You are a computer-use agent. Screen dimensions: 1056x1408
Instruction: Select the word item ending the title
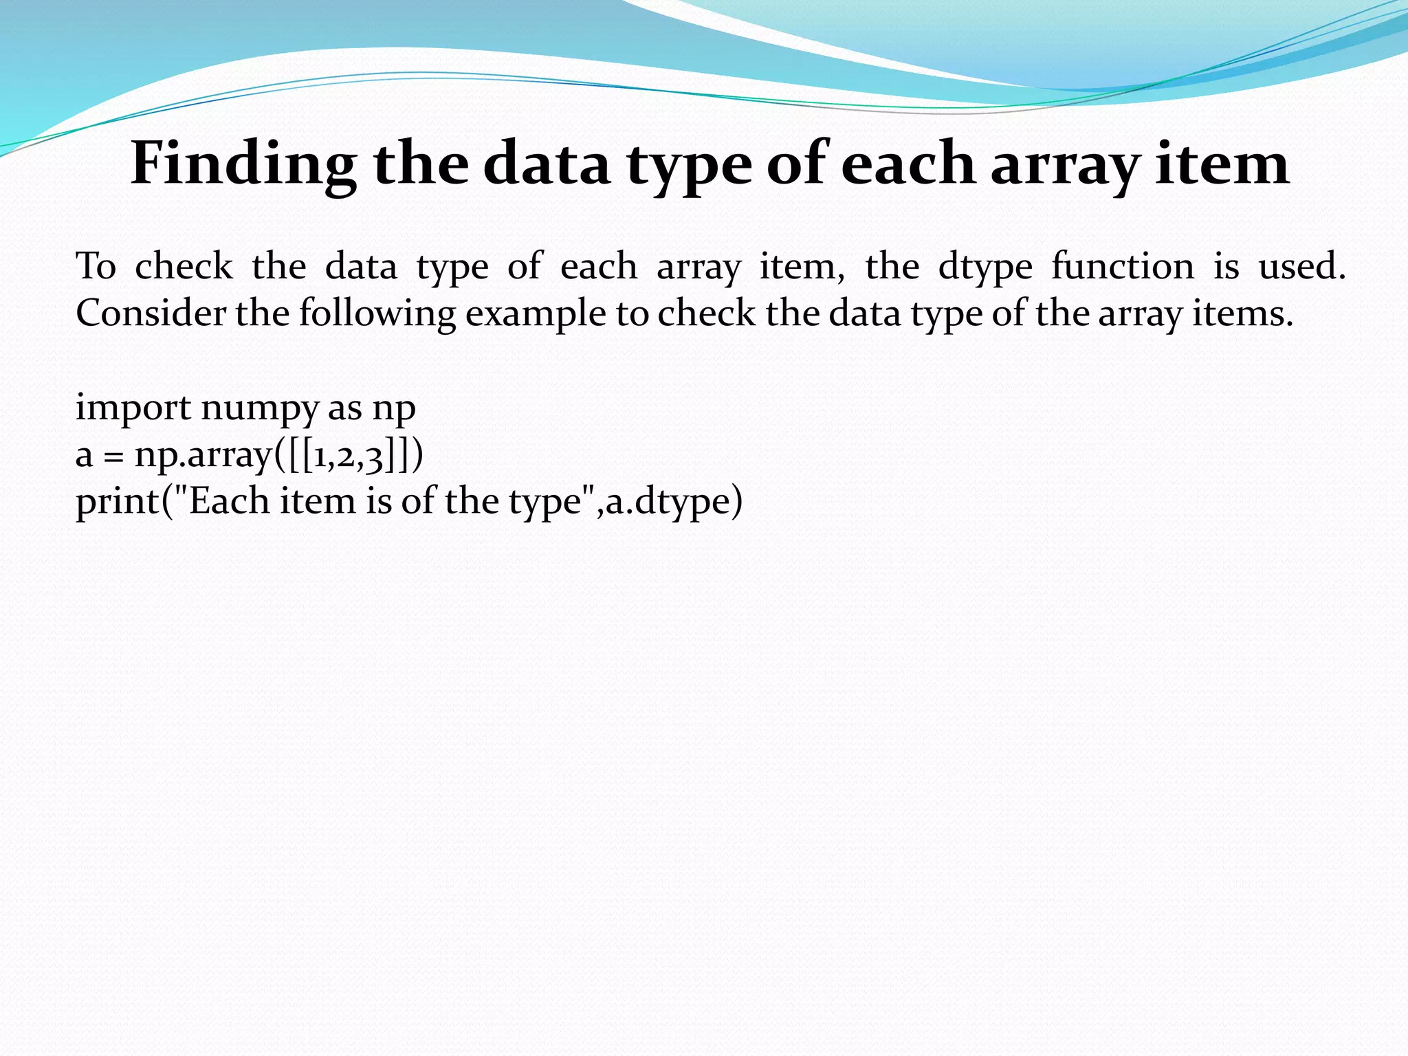[x=1222, y=164]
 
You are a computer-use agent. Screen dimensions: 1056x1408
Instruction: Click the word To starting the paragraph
[x=96, y=267]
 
